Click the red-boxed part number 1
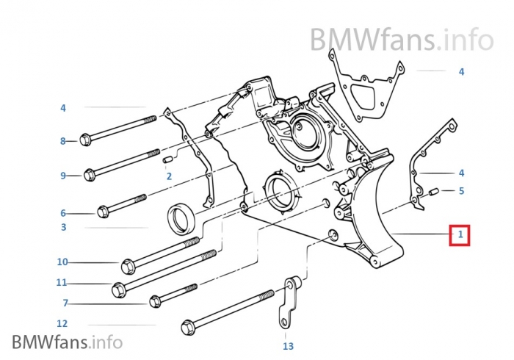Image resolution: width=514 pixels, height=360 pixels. pos(460,235)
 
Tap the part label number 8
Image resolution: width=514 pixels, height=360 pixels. pos(63,140)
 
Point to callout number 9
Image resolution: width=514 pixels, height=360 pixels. pos(63,176)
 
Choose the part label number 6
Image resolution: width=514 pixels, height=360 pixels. pos(63,213)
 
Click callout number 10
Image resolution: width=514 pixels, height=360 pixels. pos(62,262)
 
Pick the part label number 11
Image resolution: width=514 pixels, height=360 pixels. pos(62,282)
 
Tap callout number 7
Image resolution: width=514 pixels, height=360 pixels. pos(65,303)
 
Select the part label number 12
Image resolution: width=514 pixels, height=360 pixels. pos(62,323)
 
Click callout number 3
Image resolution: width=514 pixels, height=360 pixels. pos(63,228)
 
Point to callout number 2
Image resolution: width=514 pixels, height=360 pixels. pos(168,176)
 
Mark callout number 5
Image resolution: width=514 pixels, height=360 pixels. pos(461,191)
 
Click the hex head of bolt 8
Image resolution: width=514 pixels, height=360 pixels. pos(85,140)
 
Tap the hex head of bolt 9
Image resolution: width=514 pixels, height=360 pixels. pos(90,175)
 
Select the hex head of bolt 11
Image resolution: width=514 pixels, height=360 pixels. pos(118,289)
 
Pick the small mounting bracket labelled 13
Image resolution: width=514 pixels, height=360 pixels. pos(286,301)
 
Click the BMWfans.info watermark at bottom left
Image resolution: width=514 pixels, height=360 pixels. pos(67,342)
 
